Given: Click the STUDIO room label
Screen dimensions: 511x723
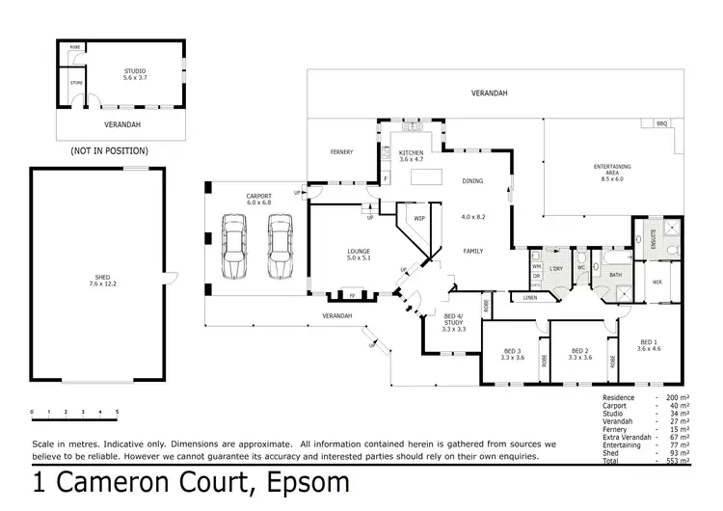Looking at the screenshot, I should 134,72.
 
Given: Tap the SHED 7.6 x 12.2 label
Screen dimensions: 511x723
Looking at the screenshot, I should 94,280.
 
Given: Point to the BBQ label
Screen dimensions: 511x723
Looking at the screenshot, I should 661,123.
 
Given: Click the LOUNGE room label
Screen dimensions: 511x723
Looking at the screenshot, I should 359,255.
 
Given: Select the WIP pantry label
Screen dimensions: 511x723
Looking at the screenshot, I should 419,219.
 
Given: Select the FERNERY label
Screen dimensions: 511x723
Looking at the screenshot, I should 340,152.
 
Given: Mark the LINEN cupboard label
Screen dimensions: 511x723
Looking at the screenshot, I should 529,298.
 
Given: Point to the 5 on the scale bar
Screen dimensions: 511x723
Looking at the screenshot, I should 117,412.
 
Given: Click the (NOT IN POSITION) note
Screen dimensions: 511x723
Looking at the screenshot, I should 109,151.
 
